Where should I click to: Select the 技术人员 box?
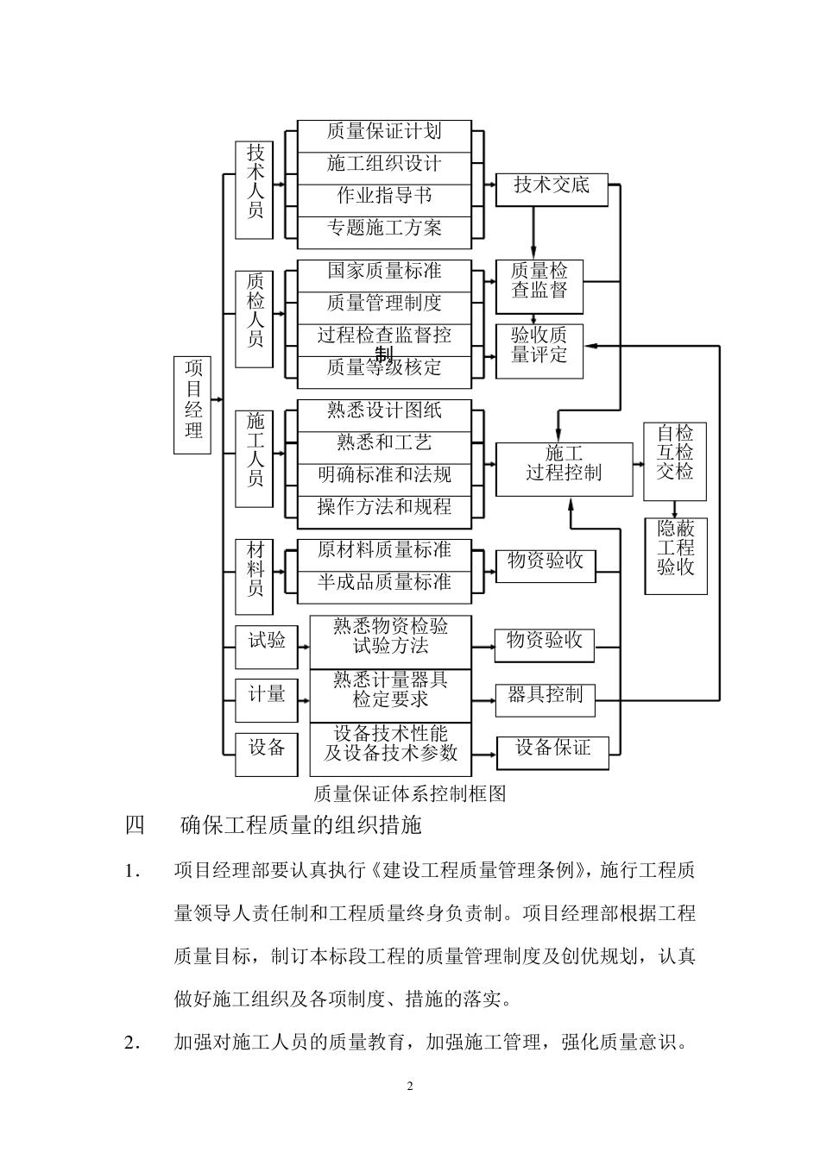click(x=255, y=190)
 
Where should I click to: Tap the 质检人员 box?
click(x=255, y=319)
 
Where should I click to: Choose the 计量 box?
click(x=267, y=699)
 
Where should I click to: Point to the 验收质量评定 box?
click(x=539, y=350)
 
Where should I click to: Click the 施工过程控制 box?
click(x=564, y=468)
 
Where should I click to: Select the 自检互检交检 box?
click(x=675, y=460)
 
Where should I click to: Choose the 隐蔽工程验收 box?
click(x=676, y=555)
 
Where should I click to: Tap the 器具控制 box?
click(x=545, y=699)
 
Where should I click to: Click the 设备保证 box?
click(x=552, y=752)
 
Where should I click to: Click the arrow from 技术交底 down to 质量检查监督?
click(x=533, y=233)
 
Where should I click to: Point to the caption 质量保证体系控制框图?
click(x=409, y=793)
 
